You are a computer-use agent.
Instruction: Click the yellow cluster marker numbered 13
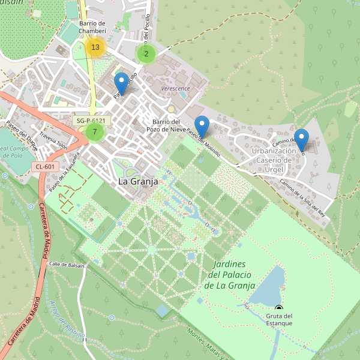95,47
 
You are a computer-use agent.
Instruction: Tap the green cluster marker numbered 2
146,53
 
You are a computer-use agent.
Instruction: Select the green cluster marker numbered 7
95,131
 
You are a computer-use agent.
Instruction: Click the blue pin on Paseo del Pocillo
122,83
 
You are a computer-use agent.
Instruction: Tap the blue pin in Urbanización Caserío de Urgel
301,139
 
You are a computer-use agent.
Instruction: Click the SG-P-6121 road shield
92,121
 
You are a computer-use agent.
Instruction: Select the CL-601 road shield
45,166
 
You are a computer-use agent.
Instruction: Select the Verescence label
175,88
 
